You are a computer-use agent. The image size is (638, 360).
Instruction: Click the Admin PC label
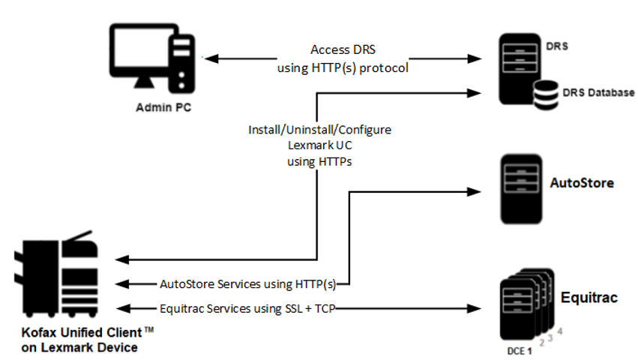(x=163, y=106)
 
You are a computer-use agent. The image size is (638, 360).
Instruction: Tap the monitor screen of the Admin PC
(x=139, y=55)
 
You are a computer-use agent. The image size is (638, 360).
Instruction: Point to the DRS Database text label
(x=598, y=92)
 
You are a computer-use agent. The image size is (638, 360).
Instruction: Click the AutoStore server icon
(x=519, y=187)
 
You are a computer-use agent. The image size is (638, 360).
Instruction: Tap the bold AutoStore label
(x=583, y=182)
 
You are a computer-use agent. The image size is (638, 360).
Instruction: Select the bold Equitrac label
(x=590, y=298)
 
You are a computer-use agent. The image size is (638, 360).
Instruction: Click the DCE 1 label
(x=517, y=351)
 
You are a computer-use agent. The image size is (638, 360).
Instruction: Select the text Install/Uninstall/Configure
(x=319, y=130)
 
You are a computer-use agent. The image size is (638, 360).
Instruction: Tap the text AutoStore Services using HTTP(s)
(x=247, y=284)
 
